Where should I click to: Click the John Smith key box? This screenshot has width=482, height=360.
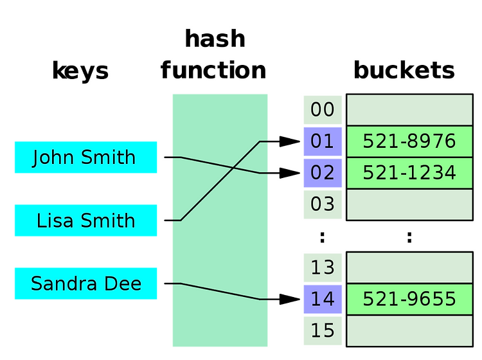click(85, 157)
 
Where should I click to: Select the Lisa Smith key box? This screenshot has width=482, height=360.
click(85, 220)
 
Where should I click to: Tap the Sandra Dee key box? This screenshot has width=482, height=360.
click(85, 283)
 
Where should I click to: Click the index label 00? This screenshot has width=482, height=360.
click(323, 110)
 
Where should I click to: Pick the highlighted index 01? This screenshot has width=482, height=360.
click(323, 141)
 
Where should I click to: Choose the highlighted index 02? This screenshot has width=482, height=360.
click(323, 173)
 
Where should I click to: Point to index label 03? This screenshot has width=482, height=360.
click(323, 204)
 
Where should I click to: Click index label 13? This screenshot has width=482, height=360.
click(323, 267)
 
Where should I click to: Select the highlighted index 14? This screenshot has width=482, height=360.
click(323, 299)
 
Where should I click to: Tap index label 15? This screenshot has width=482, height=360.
click(323, 331)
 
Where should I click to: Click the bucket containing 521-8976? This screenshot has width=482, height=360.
click(409, 141)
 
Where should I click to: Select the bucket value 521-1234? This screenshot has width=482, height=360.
click(409, 173)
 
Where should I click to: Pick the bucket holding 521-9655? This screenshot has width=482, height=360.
click(409, 299)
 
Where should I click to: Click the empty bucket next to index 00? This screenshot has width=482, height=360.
click(409, 110)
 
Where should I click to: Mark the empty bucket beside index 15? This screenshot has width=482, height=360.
click(409, 331)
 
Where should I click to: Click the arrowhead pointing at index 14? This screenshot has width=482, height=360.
click(290, 299)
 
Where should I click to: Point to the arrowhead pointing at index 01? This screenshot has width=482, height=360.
click(290, 141)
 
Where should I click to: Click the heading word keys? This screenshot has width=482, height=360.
click(80, 71)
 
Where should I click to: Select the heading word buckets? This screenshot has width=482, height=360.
click(404, 70)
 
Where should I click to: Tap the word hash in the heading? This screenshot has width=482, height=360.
click(215, 39)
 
